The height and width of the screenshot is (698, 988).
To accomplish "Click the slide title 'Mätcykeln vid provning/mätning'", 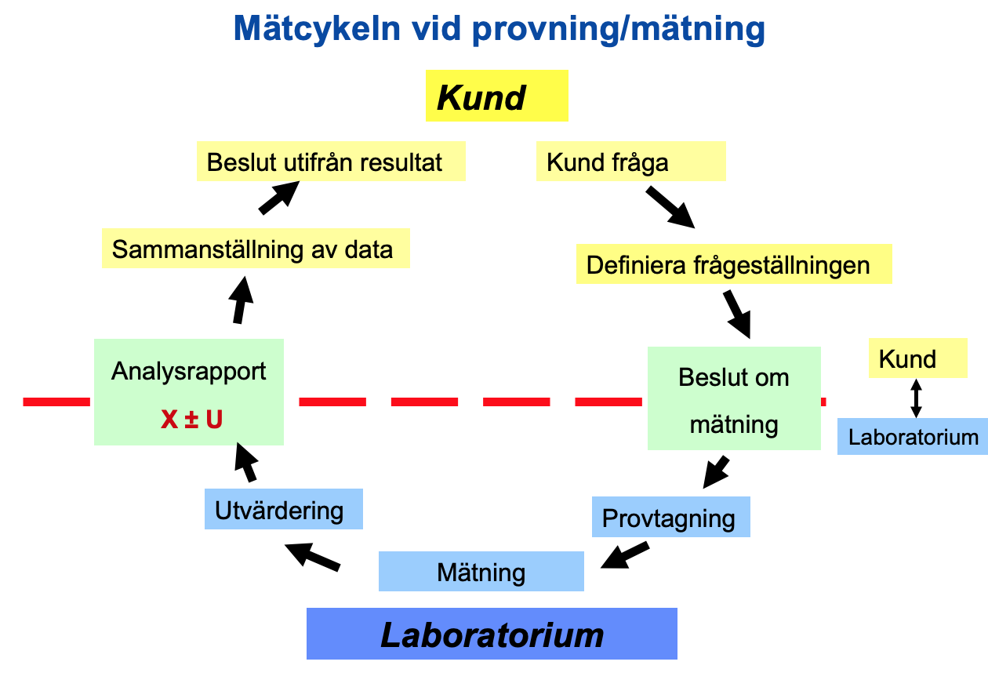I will pyautogui.click(x=499, y=30).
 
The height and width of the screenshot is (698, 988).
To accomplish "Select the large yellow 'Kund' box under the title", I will pyautogui.click(x=496, y=96).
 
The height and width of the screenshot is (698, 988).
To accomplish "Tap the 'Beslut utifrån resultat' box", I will pyautogui.click(x=330, y=162).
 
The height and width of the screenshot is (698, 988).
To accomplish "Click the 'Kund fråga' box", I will pyautogui.click(x=630, y=162).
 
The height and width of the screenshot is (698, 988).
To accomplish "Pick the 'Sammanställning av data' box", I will pyautogui.click(x=256, y=249).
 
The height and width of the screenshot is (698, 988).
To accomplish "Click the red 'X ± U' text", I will pyautogui.click(x=191, y=420).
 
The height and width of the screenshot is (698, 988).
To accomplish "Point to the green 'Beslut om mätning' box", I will pyautogui.click(x=733, y=398).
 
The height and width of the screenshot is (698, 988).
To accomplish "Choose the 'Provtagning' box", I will pyautogui.click(x=670, y=517).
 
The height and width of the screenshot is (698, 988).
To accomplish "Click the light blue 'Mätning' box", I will pyautogui.click(x=481, y=571).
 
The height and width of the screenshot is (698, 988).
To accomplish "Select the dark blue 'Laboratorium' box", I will pyautogui.click(x=492, y=634).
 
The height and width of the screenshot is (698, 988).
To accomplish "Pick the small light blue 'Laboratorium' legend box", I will pyautogui.click(x=913, y=436).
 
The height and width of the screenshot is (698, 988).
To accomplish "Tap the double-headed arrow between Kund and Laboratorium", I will pyautogui.click(x=915, y=398).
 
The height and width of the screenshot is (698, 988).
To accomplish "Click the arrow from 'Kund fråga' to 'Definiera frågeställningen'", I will pyautogui.click(x=670, y=206).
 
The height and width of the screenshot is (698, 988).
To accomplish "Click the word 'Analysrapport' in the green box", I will pyautogui.click(x=189, y=371).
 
